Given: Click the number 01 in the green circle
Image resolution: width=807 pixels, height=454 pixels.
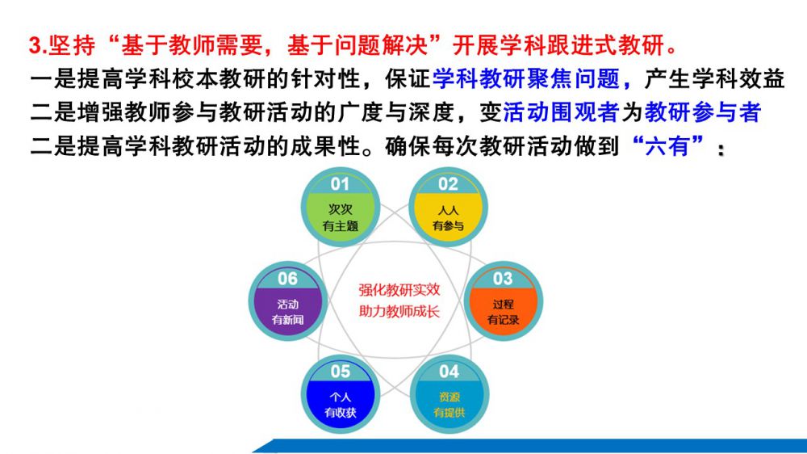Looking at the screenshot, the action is click(x=340, y=184).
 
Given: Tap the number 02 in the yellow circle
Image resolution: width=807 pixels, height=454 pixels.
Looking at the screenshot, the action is click(x=448, y=184).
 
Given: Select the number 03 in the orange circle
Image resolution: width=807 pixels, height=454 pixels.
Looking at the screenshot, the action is click(x=503, y=279).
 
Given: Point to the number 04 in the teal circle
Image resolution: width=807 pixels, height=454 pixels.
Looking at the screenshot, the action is click(x=449, y=371).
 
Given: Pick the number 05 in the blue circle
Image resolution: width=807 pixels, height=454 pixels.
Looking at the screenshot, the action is click(x=341, y=371).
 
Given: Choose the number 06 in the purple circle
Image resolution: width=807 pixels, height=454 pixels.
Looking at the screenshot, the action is click(x=288, y=279).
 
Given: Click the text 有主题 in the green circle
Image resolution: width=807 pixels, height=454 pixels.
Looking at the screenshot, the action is click(x=341, y=225).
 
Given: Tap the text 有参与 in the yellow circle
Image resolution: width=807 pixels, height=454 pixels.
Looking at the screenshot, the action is click(x=448, y=225).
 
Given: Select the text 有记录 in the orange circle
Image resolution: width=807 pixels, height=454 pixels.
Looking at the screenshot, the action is click(x=503, y=320).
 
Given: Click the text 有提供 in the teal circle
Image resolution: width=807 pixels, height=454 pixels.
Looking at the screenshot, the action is click(x=449, y=412).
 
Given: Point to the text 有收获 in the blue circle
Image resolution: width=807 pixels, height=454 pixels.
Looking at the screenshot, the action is click(x=341, y=412).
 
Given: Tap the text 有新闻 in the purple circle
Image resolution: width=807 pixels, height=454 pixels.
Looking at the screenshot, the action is click(x=288, y=320).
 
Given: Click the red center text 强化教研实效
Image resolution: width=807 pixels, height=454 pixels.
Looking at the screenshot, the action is click(x=399, y=290).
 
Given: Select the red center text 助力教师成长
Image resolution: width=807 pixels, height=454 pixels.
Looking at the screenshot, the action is click(x=399, y=311).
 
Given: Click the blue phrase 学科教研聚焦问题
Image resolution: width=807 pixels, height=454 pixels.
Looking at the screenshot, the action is click(x=525, y=79).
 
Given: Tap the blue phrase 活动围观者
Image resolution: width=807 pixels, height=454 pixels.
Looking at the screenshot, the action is click(x=561, y=112).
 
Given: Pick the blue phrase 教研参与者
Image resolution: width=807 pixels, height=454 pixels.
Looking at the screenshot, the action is click(x=703, y=112).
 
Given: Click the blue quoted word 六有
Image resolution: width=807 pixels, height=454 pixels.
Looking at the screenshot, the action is click(x=667, y=146).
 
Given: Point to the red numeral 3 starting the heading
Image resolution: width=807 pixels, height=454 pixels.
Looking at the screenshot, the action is click(x=35, y=46).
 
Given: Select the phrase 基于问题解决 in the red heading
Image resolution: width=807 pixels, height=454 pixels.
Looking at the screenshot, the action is click(x=358, y=45).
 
